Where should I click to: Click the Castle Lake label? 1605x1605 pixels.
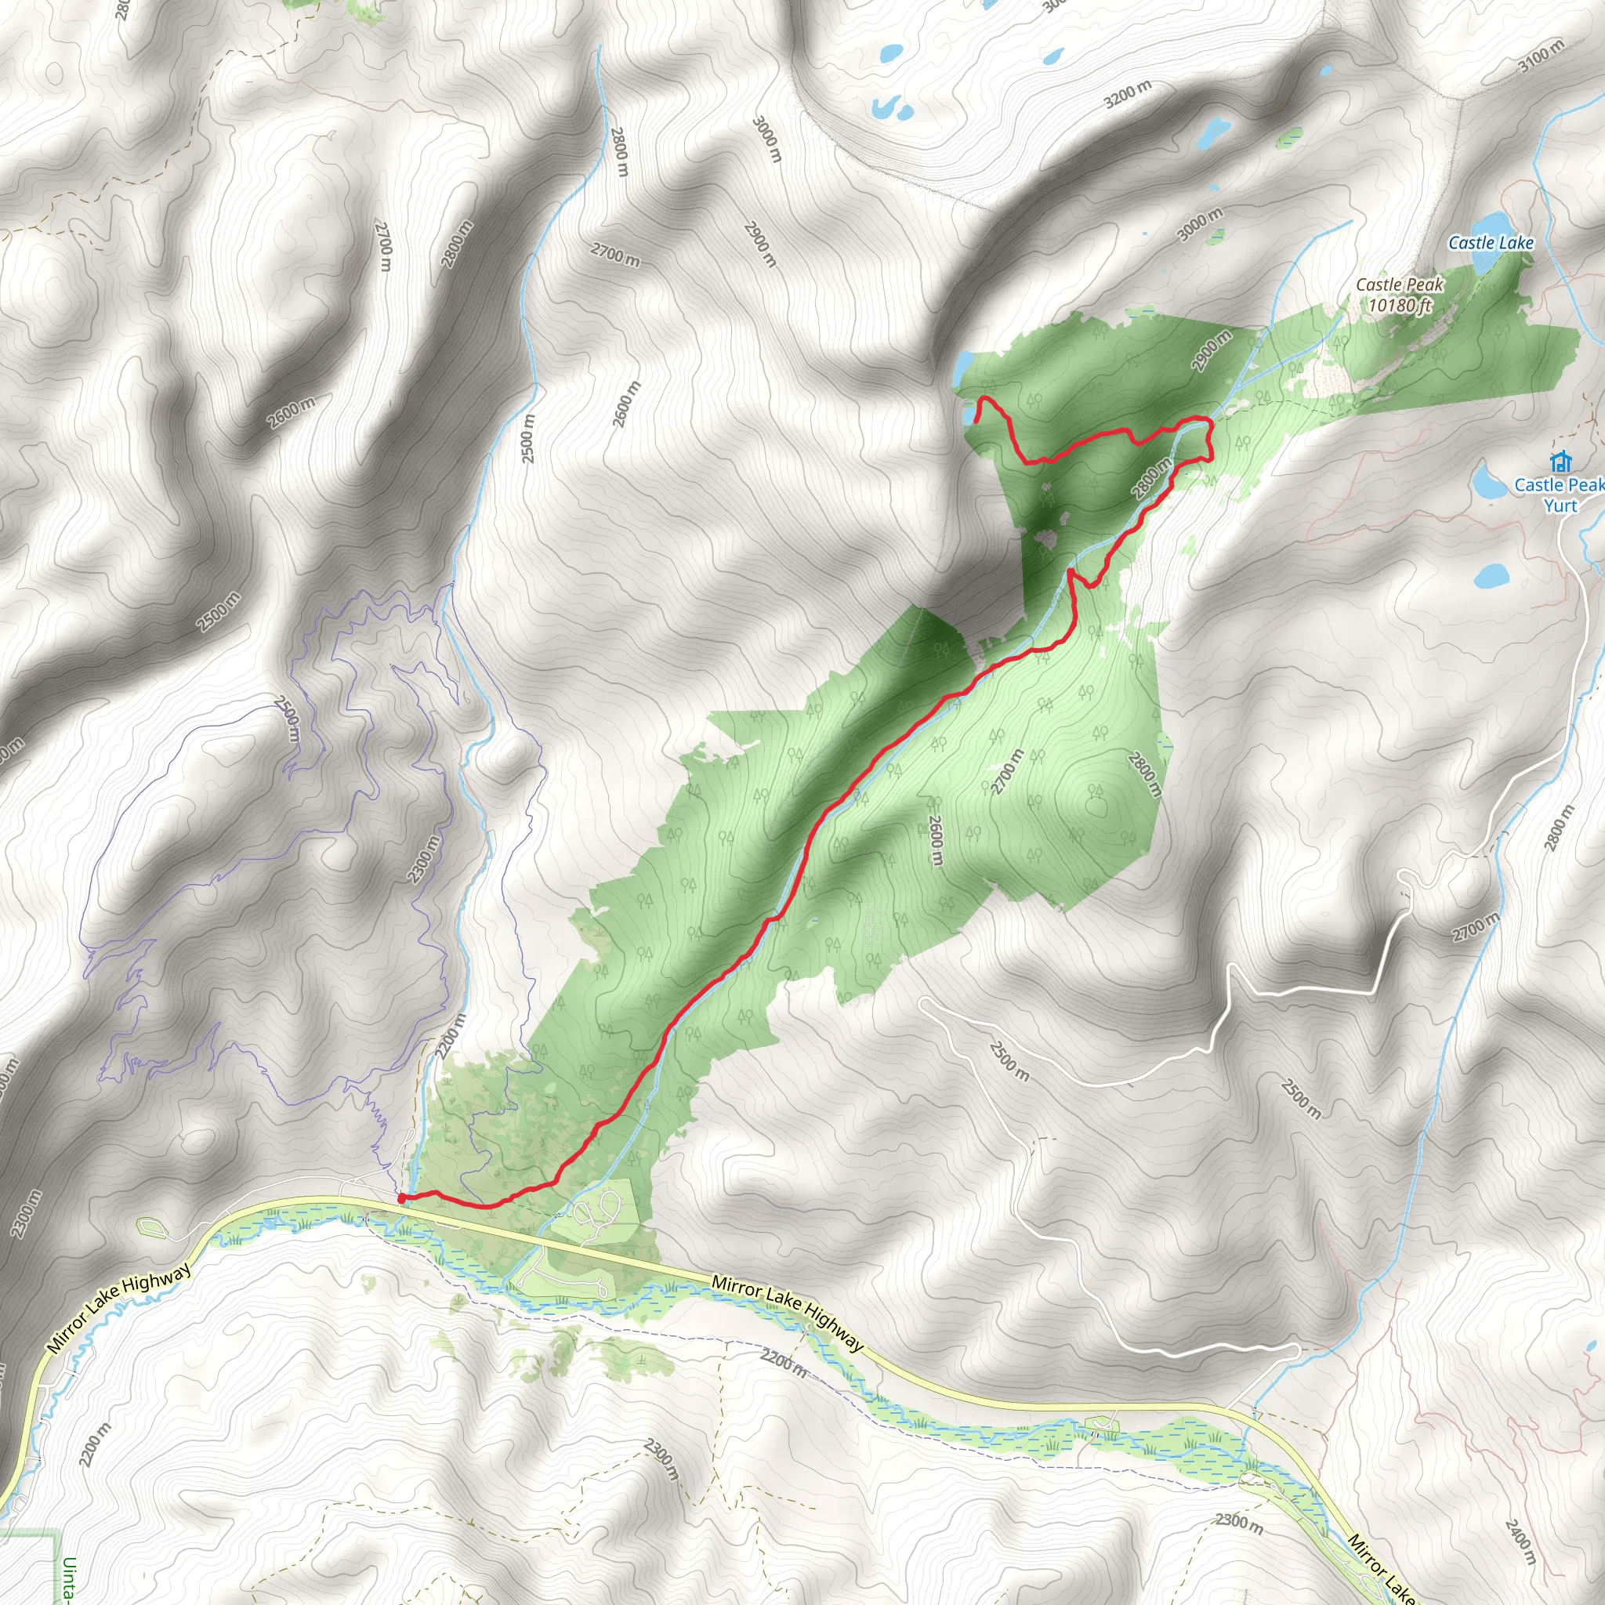click(1491, 243)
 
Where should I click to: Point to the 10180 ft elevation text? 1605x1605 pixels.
click(1400, 305)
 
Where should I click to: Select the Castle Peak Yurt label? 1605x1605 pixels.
click(1559, 495)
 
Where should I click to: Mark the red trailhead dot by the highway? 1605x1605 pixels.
click(402, 1198)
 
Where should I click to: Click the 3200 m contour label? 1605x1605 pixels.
click(1127, 95)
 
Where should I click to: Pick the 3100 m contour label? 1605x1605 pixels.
click(1541, 56)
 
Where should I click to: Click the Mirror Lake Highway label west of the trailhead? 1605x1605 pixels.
click(118, 1310)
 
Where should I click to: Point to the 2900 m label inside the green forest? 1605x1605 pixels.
click(1212, 350)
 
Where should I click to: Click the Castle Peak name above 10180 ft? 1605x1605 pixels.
click(1400, 284)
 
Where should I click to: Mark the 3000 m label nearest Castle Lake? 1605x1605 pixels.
click(1200, 224)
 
